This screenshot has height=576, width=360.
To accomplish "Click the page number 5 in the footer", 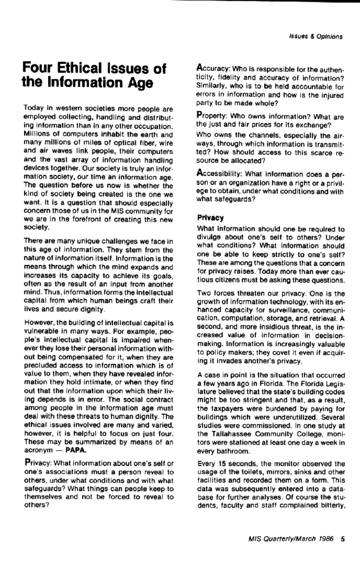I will click(x=343, y=538).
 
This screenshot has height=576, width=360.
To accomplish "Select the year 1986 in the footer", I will click(x=326, y=538).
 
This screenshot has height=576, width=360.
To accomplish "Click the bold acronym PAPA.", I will click(x=76, y=451).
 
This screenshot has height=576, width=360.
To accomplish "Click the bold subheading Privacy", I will click(x=210, y=218).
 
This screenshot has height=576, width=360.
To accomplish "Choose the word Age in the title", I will click(x=140, y=82).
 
